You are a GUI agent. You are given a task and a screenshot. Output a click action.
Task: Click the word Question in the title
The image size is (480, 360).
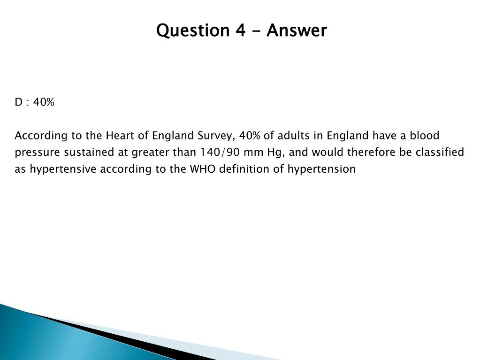193,31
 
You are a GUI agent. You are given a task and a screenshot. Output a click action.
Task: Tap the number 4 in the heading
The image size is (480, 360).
241,31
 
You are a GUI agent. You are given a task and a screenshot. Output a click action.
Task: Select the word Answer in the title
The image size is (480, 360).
297,31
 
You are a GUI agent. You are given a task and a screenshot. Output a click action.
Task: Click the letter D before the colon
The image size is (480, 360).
19,102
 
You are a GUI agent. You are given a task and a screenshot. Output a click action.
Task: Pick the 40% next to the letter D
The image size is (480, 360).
44,102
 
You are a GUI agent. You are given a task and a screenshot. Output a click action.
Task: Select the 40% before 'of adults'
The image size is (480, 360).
250,135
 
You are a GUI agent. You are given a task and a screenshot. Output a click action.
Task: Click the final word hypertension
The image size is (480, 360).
321,169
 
